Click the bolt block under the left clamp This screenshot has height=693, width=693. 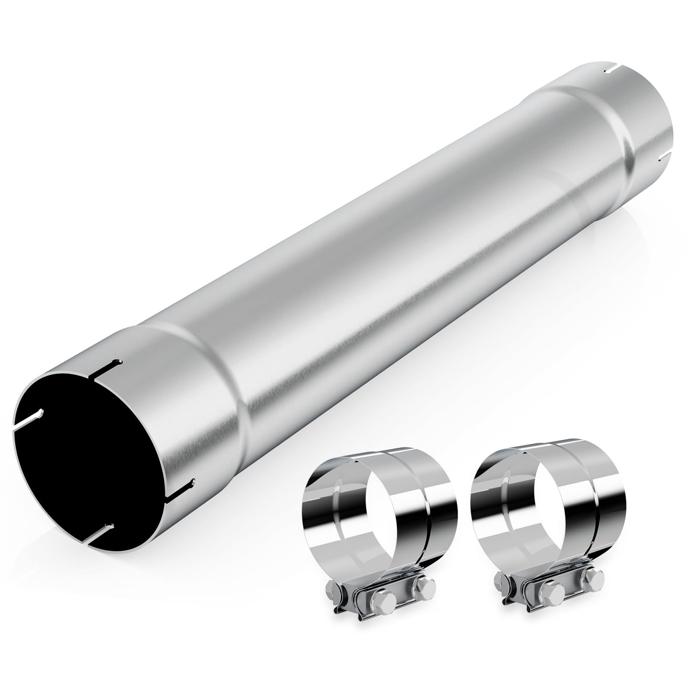pyautogui.click(x=377, y=596)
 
